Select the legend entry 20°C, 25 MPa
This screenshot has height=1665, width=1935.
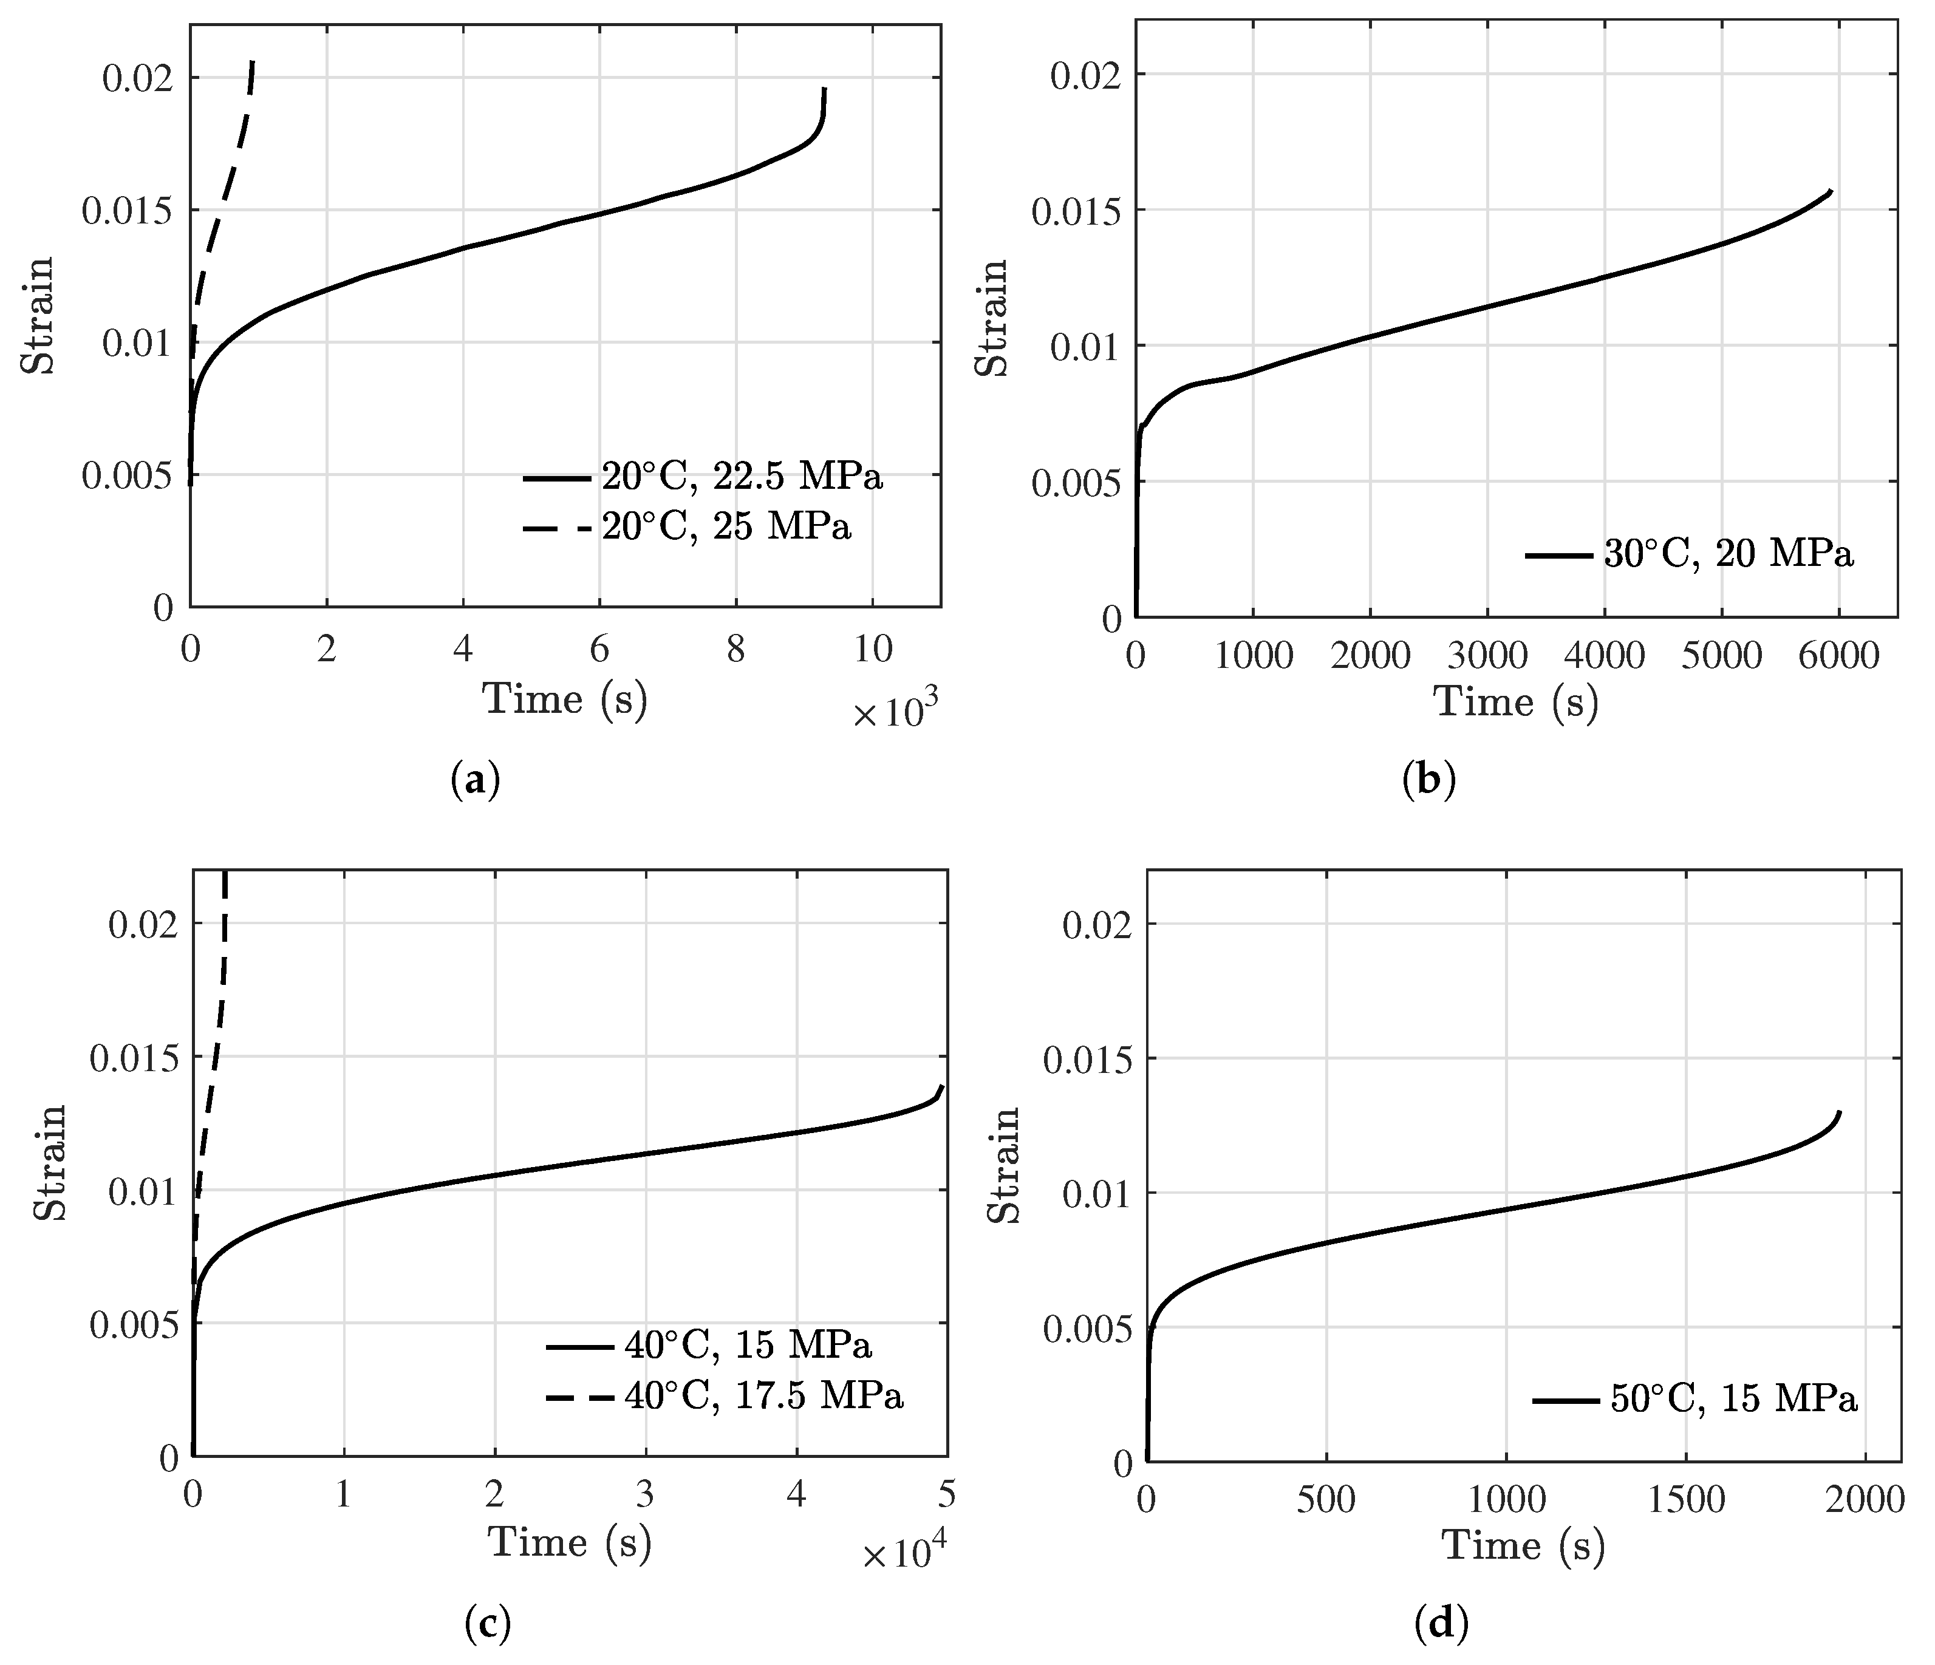click(x=726, y=528)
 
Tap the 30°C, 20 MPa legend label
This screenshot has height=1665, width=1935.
click(x=1728, y=554)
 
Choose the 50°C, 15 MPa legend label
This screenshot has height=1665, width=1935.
click(x=1733, y=1399)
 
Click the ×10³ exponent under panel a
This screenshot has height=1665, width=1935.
click(x=894, y=714)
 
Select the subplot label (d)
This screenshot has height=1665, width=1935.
click(x=1441, y=1625)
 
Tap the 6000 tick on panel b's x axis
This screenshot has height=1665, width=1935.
click(x=1838, y=656)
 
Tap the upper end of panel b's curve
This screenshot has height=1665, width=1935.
click(x=1831, y=191)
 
